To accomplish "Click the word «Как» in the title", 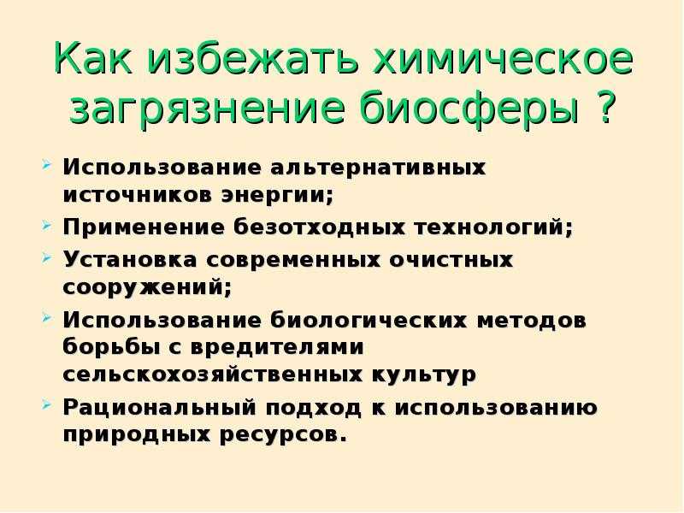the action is tap(93, 58).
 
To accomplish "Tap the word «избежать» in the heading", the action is tap(252, 58).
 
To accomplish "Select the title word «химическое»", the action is tap(503, 58).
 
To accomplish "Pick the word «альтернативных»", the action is tap(377, 168).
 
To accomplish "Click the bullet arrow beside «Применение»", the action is tap(47, 226).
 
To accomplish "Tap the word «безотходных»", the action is tap(319, 227).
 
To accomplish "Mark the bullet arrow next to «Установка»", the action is tap(47, 258).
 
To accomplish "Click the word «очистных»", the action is tap(451, 261).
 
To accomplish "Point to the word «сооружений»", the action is tap(147, 287).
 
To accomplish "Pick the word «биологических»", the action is tap(369, 321).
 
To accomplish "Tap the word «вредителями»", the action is tap(277, 348).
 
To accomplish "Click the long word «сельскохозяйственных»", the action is tap(212, 374).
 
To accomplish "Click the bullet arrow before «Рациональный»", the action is tap(47, 405).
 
